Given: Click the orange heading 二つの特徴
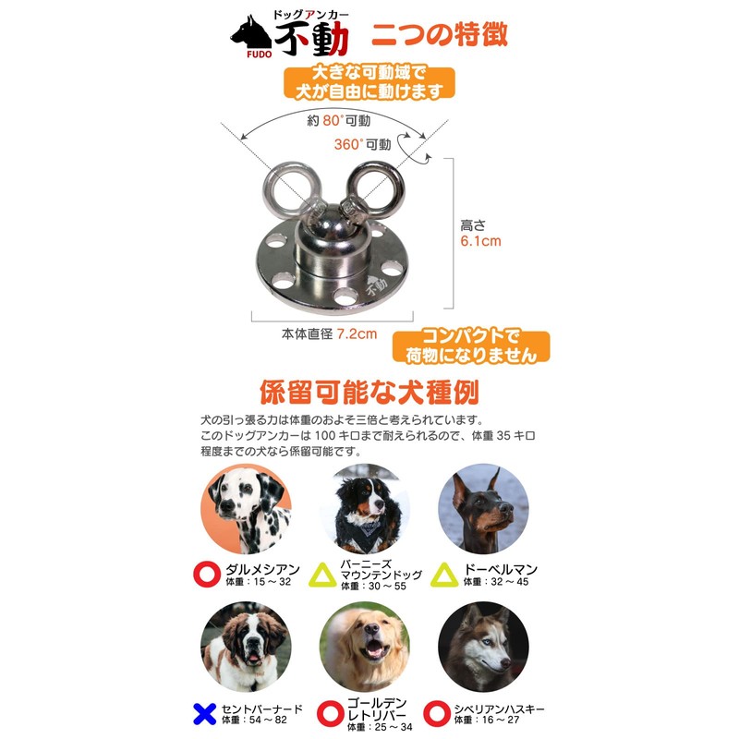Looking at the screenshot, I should tap(439, 34).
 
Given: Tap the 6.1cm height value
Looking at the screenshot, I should tap(480, 241).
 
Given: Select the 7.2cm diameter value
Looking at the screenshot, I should tap(357, 333).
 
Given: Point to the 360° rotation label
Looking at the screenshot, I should tap(362, 144).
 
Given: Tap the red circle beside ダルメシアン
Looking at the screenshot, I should tap(206, 575).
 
